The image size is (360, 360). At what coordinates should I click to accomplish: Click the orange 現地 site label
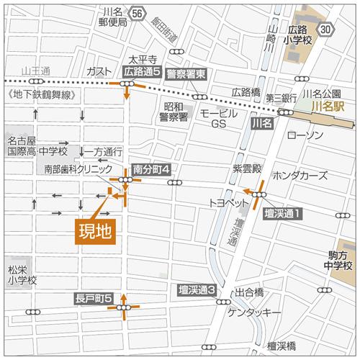[96, 232]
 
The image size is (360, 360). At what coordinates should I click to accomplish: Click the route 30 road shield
[326, 29]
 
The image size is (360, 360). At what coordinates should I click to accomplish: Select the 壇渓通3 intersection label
[197, 289]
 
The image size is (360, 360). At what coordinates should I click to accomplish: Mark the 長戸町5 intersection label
[93, 298]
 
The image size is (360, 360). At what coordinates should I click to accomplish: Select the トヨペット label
[227, 202]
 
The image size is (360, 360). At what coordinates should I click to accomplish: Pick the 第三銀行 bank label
[281, 97]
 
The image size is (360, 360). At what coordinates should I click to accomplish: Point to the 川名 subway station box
[262, 124]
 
